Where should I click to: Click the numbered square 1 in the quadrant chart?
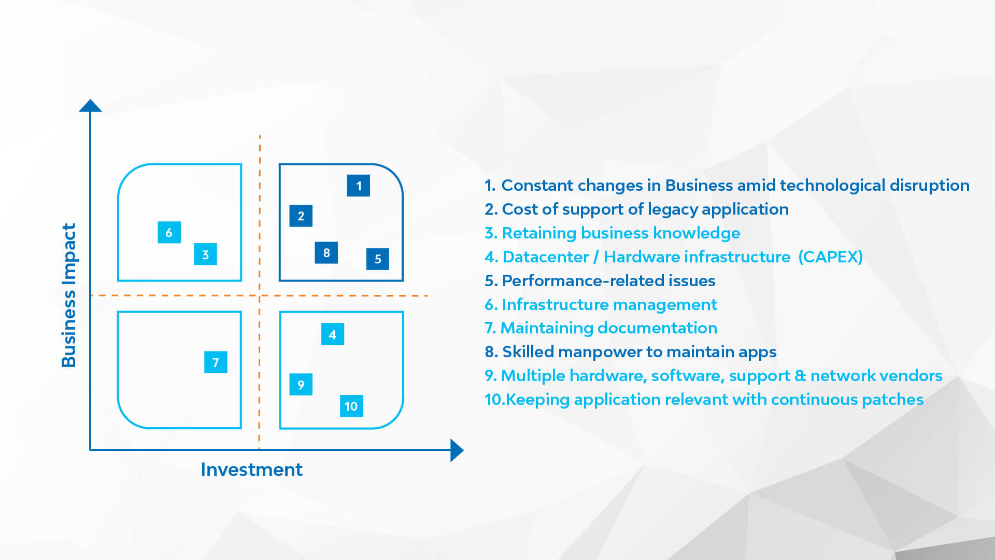point(358,186)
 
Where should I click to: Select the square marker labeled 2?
point(301,216)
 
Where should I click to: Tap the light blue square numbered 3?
point(205,254)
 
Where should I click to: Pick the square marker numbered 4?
point(332,334)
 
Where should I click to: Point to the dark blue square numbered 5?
point(378,259)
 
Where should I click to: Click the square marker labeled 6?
point(169,232)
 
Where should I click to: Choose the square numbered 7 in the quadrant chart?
point(216,362)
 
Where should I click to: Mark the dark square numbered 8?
point(326,253)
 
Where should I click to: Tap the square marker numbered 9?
point(301,384)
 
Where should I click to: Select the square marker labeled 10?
point(351,406)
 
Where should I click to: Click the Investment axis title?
point(251,469)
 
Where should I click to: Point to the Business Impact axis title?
point(68,295)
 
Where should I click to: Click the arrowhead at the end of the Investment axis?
point(457,450)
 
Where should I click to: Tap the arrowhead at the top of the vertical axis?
point(90,106)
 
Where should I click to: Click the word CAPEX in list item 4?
point(830,257)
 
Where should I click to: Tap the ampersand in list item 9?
point(800,375)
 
